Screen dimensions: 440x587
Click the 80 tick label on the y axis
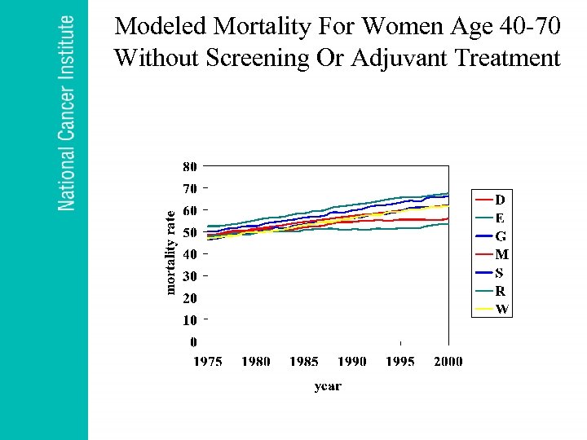[x=188, y=166]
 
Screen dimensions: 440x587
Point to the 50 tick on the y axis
[x=188, y=232]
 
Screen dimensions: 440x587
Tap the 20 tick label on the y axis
[x=188, y=297]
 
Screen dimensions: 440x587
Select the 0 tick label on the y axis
[x=192, y=341]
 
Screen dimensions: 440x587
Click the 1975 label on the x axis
[x=208, y=361]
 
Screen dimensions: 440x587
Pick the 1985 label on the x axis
[x=303, y=361]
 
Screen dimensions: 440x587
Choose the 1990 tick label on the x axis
[x=351, y=361]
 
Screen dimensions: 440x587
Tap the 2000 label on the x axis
[x=448, y=361]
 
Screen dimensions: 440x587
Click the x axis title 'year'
[x=328, y=386]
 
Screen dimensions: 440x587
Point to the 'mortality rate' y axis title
[x=170, y=252]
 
